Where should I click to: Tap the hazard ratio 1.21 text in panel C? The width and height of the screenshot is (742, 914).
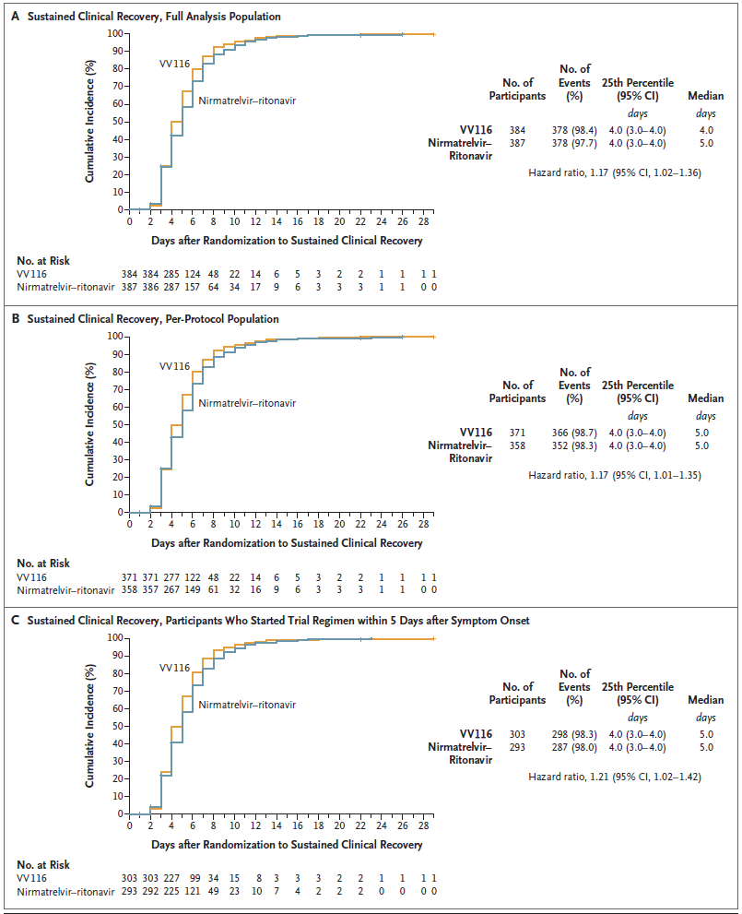pos(614,777)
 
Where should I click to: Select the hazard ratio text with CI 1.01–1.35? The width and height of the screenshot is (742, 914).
pos(614,475)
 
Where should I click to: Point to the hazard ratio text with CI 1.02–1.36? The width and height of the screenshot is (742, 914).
pos(614,172)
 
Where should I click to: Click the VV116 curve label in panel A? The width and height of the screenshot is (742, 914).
pos(176,64)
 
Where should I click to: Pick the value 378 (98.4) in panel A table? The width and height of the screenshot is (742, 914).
pos(574,130)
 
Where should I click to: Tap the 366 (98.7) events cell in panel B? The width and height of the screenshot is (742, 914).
pos(574,432)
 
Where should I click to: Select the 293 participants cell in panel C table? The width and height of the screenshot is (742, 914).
pos(518,747)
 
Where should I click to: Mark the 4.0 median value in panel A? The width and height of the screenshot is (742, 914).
pos(705,130)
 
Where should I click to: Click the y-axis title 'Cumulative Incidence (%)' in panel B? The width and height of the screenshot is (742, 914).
pos(91,423)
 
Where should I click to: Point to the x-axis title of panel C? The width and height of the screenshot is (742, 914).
pos(287,844)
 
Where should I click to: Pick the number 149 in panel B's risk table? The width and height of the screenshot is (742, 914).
pos(219,589)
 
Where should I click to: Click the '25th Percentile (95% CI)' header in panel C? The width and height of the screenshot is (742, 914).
pos(637,694)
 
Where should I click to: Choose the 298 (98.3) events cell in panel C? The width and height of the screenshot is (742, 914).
pos(574,734)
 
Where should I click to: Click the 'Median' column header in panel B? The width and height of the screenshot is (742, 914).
pos(705,398)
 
